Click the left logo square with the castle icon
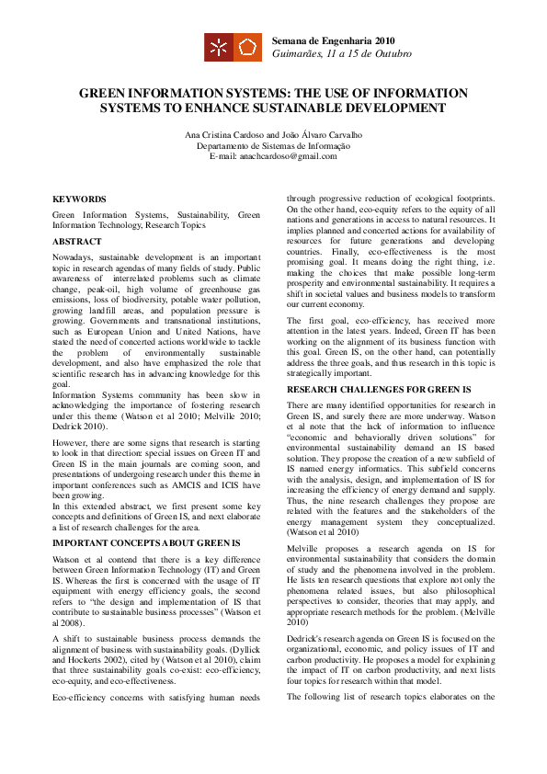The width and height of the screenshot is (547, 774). click(x=218, y=47)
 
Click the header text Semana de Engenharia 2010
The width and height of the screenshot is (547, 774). click(x=333, y=41)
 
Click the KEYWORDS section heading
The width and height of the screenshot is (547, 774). click(x=79, y=199)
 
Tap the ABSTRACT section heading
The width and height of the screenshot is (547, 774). click(x=77, y=242)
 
